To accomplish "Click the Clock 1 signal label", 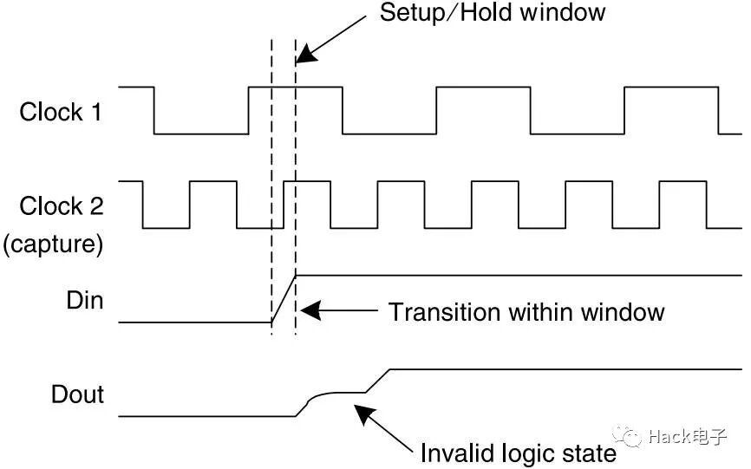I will (x=60, y=112).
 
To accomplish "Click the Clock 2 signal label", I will (x=61, y=206).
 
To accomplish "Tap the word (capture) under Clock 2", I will (x=53, y=245).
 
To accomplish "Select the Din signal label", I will (x=84, y=301).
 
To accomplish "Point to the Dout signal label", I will (x=78, y=394).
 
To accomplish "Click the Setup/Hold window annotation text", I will (x=493, y=13).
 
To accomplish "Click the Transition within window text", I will (x=526, y=311).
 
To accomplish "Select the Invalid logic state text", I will (x=518, y=453).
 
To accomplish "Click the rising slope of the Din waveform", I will (x=284, y=300).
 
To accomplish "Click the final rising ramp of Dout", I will (x=378, y=381).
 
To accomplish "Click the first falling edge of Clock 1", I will (x=154, y=111).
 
